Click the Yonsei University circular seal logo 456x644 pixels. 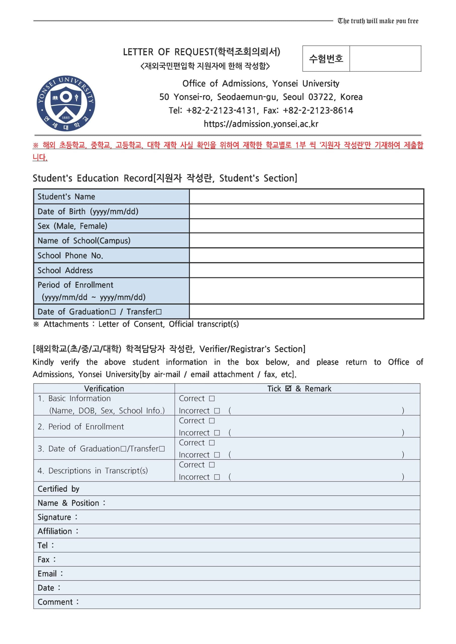click(x=66, y=103)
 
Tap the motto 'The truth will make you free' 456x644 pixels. click(x=378, y=21)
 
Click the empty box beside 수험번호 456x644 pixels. click(x=385, y=59)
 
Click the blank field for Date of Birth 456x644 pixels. click(x=306, y=212)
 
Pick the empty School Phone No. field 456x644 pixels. click(x=306, y=256)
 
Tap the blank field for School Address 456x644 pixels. click(x=306, y=270)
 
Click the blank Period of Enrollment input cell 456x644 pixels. click(x=306, y=291)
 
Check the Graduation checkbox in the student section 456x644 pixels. click(x=113, y=312)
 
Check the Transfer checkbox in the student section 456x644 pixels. click(x=159, y=312)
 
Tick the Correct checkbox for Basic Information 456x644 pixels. click(x=212, y=398)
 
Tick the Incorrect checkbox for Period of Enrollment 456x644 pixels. click(x=217, y=433)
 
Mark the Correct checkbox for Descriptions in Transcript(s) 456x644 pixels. click(x=212, y=465)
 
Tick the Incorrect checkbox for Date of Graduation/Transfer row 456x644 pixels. click(x=217, y=455)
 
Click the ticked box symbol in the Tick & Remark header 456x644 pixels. click(x=288, y=388)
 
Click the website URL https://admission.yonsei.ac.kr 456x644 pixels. click(x=261, y=124)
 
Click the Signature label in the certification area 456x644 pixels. click(x=54, y=517)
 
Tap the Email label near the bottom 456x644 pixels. click(x=47, y=574)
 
